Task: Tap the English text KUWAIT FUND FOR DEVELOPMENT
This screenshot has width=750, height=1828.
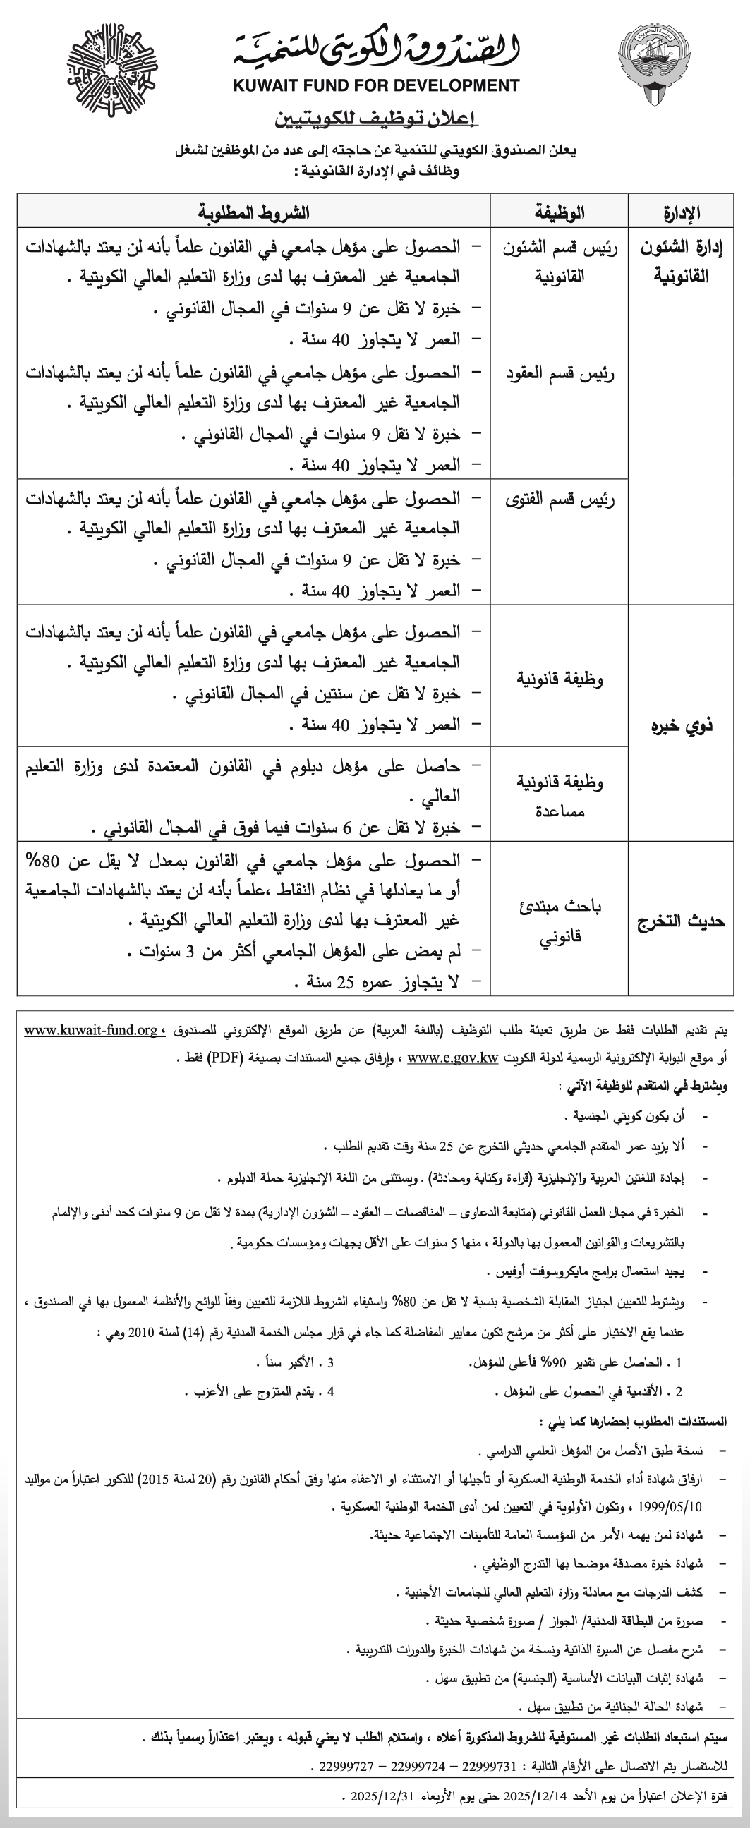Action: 376,86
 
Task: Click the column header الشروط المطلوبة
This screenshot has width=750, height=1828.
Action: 254,213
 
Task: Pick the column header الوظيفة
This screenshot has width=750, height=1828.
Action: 559,213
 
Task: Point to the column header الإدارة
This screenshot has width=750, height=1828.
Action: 681,213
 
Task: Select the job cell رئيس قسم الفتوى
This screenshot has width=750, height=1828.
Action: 559,500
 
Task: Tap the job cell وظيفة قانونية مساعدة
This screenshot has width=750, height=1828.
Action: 559,796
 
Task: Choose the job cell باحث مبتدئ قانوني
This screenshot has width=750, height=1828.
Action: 560,921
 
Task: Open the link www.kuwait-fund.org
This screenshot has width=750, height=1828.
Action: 91,1029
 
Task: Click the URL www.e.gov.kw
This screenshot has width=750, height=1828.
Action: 452,1058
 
